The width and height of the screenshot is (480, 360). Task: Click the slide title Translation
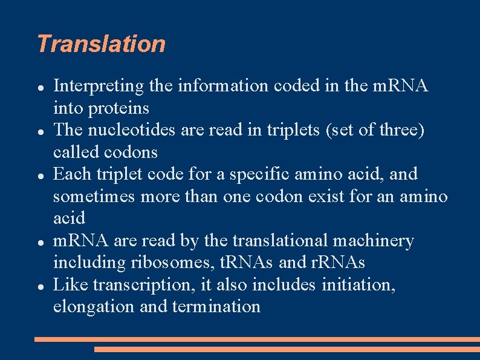[101, 44]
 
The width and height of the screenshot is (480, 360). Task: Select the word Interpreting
[99, 87]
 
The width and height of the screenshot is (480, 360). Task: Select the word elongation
[94, 307]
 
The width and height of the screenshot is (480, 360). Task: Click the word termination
[216, 306]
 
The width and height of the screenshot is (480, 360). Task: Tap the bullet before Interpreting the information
[40, 87]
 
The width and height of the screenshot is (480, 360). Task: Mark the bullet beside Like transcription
[40, 285]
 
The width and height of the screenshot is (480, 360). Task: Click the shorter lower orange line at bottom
[287, 349]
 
